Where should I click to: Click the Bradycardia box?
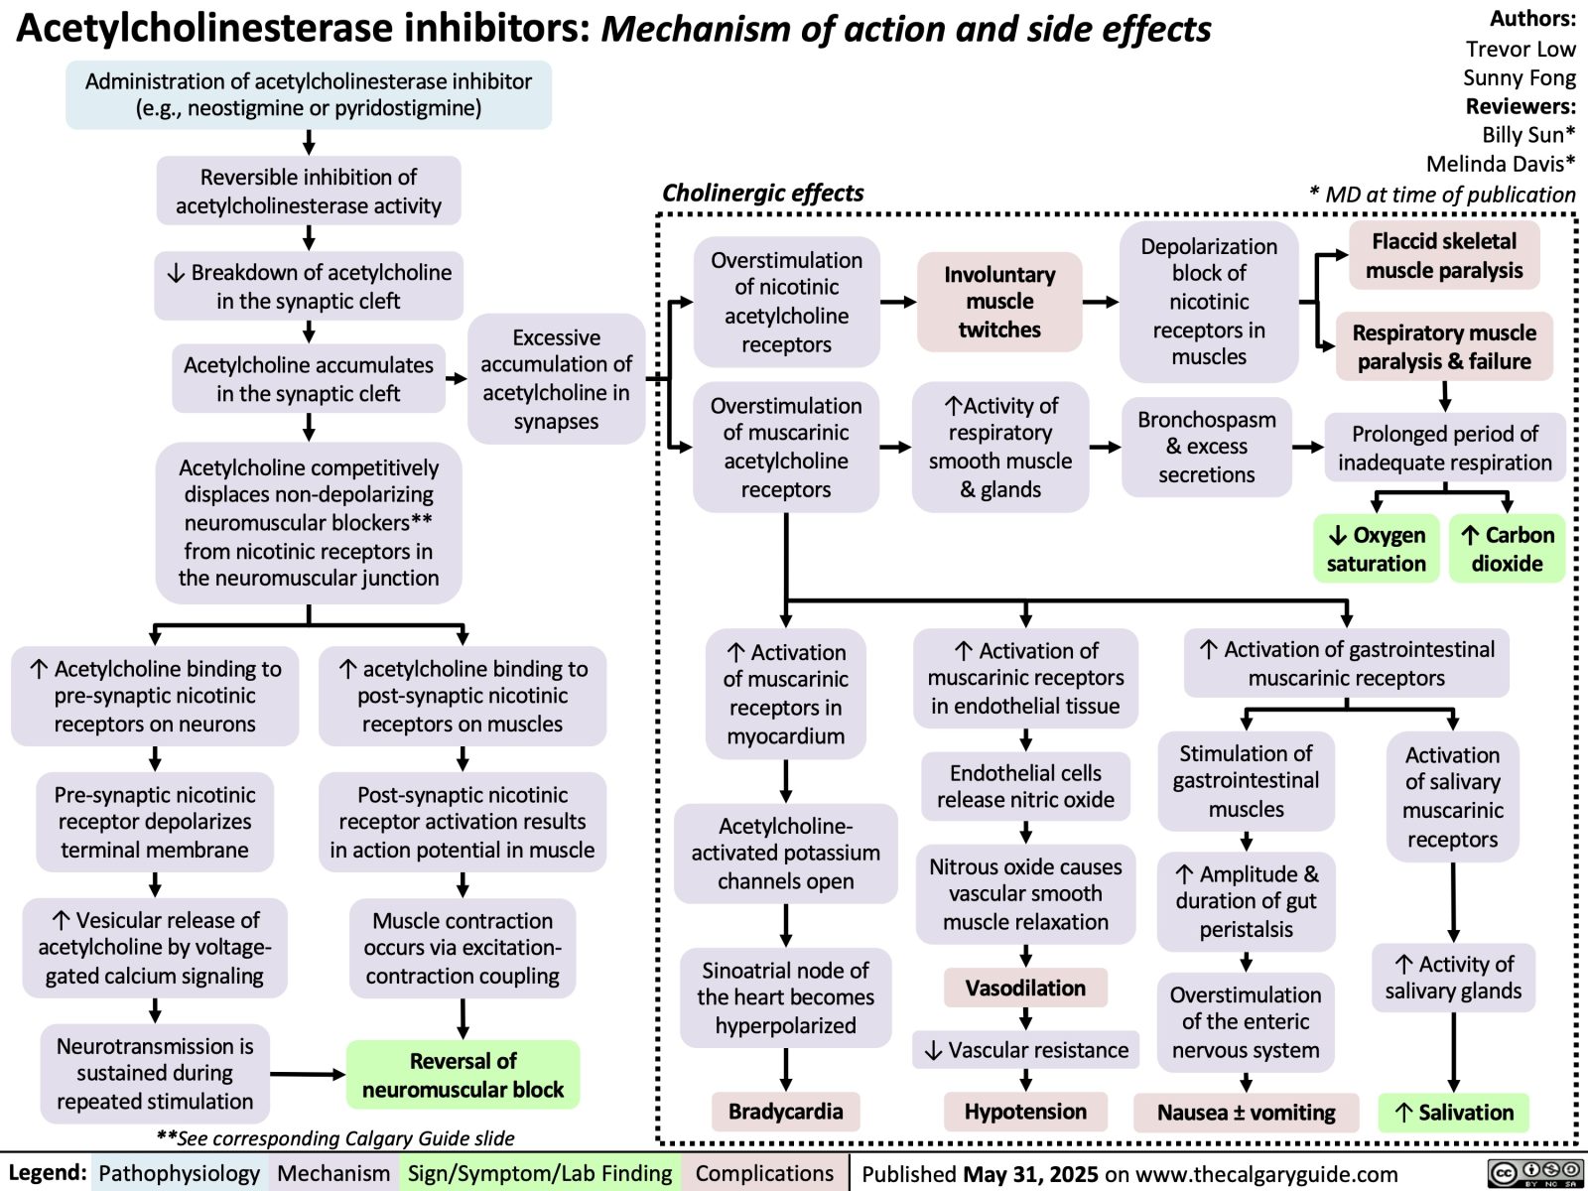785,1111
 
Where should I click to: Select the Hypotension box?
1025,1111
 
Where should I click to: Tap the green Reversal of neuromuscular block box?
463,1075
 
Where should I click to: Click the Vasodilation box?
1025,988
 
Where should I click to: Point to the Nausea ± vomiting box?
1246,1113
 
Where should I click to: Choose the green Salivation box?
1454,1113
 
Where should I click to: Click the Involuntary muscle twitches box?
999,302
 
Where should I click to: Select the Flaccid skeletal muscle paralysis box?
1444,255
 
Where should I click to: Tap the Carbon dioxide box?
1507,549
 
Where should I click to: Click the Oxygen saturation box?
1376,549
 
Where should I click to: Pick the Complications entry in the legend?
764,1173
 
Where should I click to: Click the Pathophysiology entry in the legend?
179,1173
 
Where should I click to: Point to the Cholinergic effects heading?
762,193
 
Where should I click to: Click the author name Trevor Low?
1520,49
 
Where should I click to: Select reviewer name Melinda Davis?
1500,164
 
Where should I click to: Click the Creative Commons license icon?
1534,1173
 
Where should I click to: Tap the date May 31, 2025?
1030,1174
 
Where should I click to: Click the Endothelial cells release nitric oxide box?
1025,786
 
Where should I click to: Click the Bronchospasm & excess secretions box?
1207,447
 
